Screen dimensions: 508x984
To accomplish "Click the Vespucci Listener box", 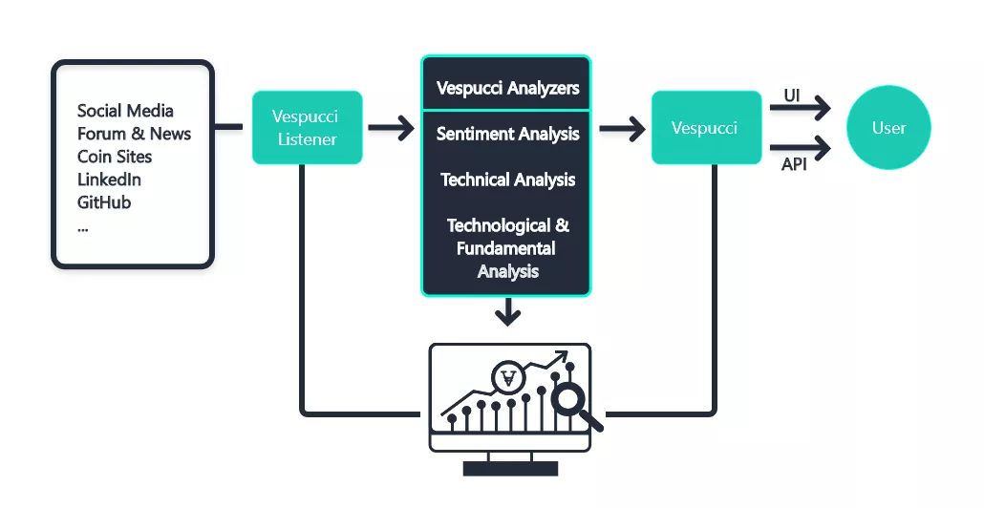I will (307, 128).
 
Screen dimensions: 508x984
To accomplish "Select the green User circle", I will (888, 128).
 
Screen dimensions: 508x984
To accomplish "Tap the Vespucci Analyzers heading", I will (507, 88).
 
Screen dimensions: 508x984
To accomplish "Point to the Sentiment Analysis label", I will (507, 134).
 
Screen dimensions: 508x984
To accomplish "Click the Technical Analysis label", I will (507, 180).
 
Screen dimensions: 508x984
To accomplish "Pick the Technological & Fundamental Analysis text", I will (507, 248).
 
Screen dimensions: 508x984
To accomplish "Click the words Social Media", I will (125, 111).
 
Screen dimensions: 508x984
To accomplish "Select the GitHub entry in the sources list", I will (104, 202).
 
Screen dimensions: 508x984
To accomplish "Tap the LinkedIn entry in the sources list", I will (109, 180).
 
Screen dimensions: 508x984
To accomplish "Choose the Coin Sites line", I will (115, 157).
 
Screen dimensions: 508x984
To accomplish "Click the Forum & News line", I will (134, 134).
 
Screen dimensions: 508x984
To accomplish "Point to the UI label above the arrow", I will (792, 95).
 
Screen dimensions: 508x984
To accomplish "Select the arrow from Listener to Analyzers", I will (391, 128).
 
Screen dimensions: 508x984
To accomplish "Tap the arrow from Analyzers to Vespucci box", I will (622, 128).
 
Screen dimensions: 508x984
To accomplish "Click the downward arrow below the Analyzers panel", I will (508, 312).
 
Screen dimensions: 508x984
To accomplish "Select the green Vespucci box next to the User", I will (704, 128).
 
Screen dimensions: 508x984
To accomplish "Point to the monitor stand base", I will (509, 468).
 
